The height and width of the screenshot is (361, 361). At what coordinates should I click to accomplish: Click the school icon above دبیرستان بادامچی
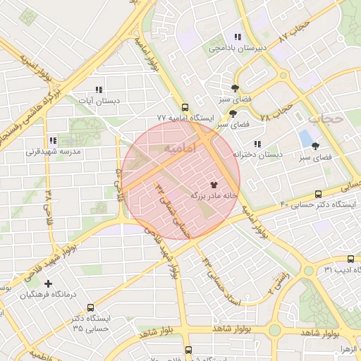[238, 37]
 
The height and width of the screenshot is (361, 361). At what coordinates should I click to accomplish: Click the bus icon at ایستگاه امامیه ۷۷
[185, 108]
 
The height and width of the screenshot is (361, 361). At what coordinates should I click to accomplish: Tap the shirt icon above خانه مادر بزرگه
[214, 184]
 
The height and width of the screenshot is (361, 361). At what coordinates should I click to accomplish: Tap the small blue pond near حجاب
[306, 137]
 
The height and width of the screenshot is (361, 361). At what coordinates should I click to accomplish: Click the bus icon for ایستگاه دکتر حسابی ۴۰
[318, 194]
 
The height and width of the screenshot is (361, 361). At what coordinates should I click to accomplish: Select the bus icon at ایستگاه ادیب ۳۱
[351, 259]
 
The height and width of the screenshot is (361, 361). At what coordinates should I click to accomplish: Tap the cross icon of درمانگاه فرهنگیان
[48, 283]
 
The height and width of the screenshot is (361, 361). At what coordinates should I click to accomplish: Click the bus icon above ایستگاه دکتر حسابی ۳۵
[90, 308]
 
